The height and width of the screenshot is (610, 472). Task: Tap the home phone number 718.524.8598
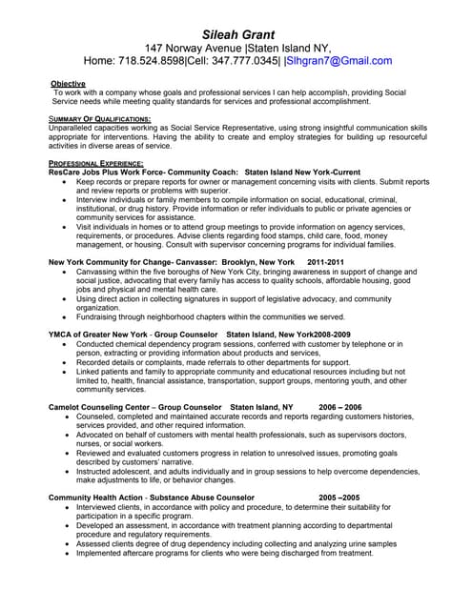(156, 60)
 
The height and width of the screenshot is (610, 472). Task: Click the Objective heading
(68, 84)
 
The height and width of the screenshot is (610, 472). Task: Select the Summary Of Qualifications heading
(99, 118)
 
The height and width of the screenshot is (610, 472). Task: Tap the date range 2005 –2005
(339, 497)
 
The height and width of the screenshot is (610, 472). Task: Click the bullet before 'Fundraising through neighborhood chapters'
(64, 316)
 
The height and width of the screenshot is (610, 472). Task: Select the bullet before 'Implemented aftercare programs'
(64, 552)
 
